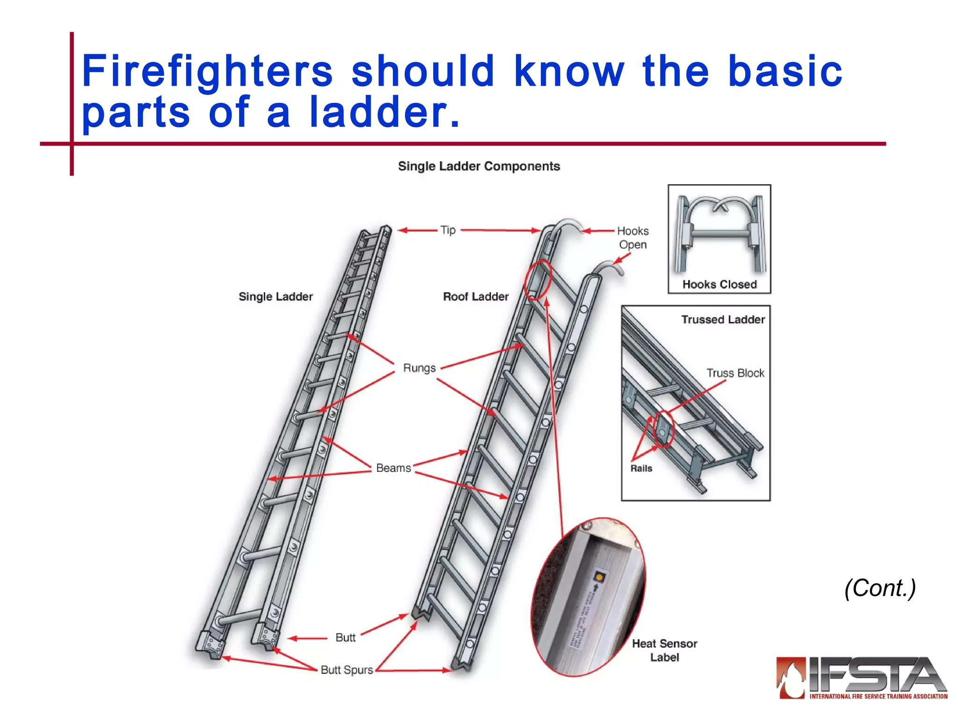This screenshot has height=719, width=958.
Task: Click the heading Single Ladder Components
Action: coord(479,166)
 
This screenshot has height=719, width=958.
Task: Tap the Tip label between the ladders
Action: coord(448,230)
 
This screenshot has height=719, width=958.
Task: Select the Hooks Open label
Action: coord(632,237)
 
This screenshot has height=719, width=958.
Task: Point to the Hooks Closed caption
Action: coord(719,284)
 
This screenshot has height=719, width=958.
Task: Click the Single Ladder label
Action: coord(276,296)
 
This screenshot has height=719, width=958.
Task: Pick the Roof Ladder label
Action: coord(475,296)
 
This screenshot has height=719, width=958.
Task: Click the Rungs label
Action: coord(419,368)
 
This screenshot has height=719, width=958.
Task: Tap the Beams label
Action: coord(393,468)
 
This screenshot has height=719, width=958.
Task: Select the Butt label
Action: coord(345,638)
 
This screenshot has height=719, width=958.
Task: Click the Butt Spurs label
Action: coord(347,670)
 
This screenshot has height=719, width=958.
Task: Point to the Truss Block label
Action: coord(735,373)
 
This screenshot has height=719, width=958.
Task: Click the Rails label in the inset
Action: coord(641,468)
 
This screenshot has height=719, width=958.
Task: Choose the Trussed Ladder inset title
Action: coord(723,319)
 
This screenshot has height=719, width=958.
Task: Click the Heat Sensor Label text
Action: coord(664,650)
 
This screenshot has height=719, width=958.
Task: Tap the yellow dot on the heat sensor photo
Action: coord(599,577)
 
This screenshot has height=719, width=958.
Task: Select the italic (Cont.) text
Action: coord(879,588)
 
